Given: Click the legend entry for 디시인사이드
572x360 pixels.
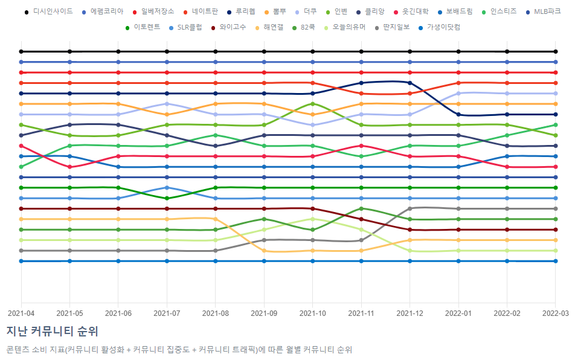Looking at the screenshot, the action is pos(49,11).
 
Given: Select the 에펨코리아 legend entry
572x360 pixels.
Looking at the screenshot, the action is pos(103,11).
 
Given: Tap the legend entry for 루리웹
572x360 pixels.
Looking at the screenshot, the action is pos(241,11).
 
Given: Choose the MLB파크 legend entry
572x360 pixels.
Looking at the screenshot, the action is pos(544,11).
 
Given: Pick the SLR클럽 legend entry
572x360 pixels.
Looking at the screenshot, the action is pos(185,27).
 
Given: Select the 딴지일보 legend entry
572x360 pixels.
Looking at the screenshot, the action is pos(392,27).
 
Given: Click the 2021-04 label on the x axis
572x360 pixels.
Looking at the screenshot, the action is pos(21,313).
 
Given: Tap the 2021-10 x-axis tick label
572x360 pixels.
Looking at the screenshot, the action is pos(313,313).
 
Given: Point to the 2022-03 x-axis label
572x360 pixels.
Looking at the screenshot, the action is pos(555,313).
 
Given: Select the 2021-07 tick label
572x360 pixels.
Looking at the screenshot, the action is pos(167,313).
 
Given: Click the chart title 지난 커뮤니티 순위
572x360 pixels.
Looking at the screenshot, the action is pos(52,331).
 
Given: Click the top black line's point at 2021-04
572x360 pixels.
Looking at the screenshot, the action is pos(21,51).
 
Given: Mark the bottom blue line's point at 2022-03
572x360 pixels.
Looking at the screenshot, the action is pos(556,261).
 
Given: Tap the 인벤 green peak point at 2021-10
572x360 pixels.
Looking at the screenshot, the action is pos(313,104).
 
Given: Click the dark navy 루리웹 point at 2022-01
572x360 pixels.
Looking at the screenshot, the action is pos(458,115).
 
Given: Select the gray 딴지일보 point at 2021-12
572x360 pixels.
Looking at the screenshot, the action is pos(410,208).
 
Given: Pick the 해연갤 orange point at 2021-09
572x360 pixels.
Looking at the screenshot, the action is pos(264,251).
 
